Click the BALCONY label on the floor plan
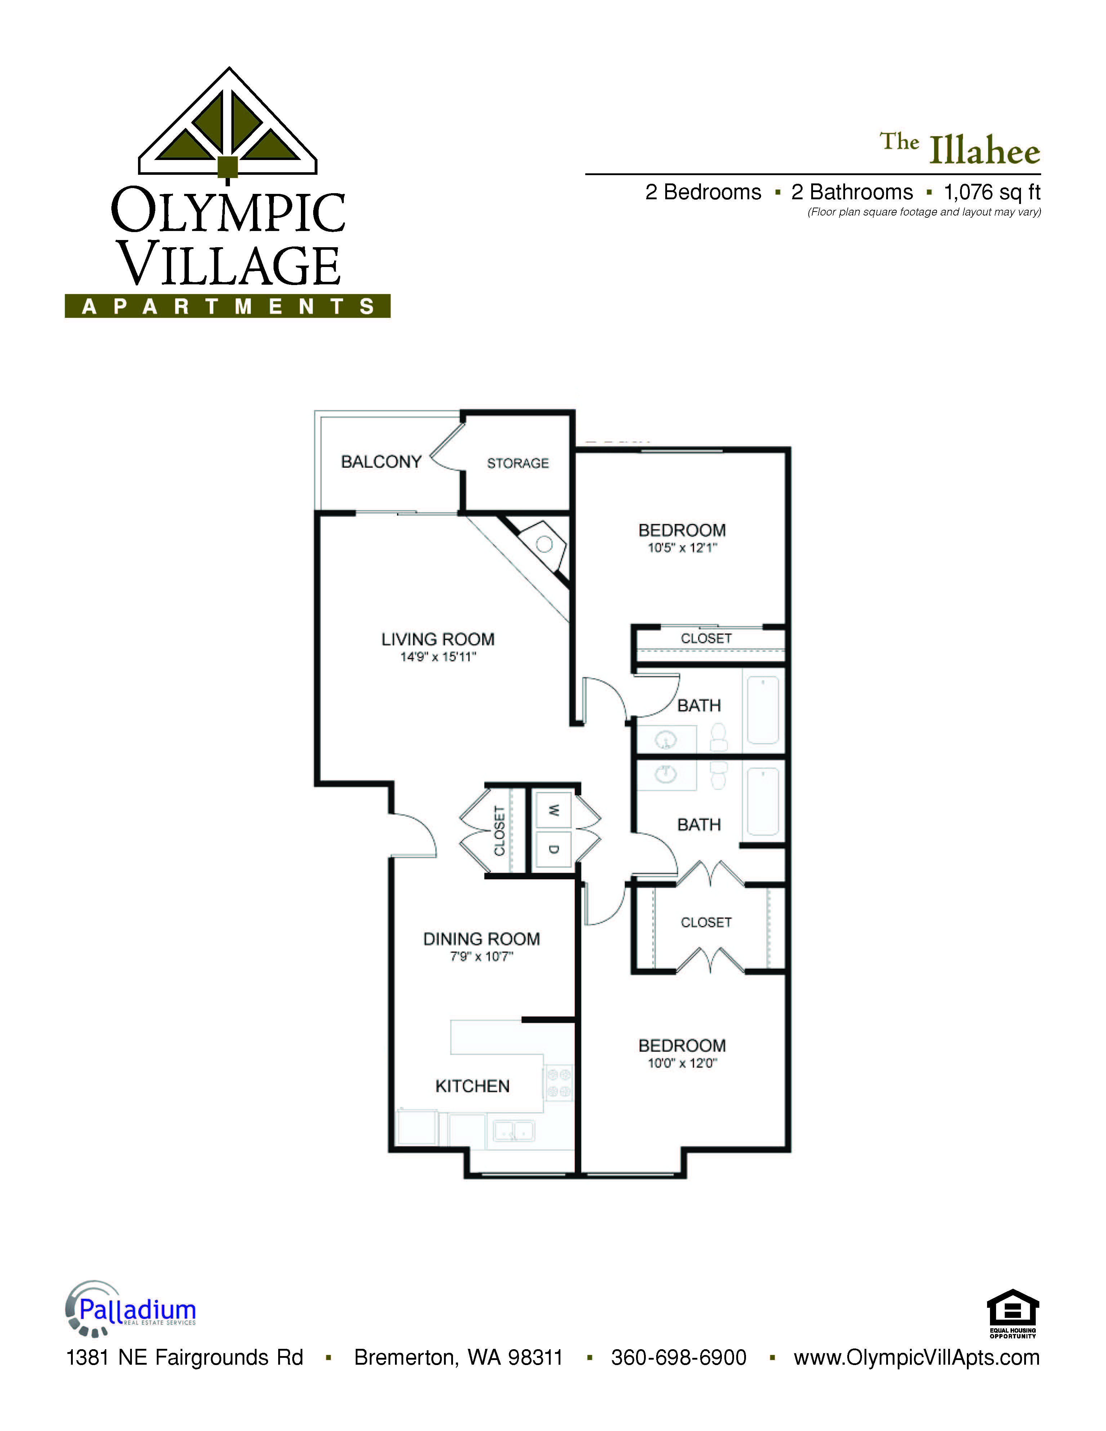381,462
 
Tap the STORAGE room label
518,463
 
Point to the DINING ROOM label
481,939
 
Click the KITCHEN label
472,1086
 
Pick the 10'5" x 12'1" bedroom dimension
682,548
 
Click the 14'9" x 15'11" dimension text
438,657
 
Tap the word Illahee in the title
985,151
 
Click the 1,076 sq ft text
992,193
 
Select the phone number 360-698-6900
679,1357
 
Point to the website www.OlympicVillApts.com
917,1357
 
